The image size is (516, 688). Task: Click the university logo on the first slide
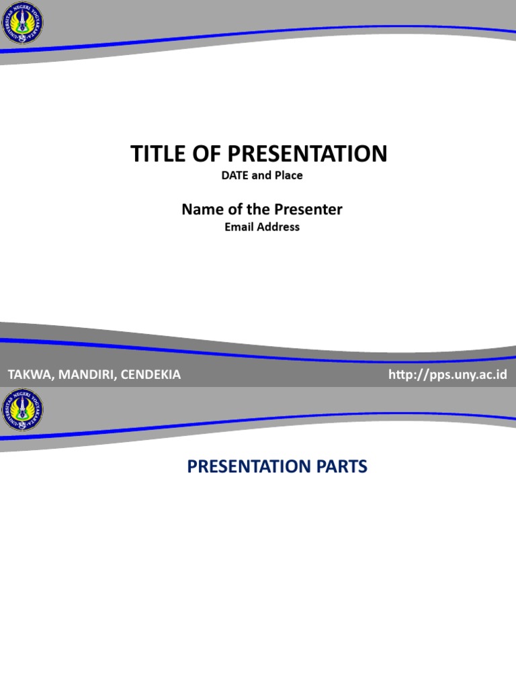[x=22, y=23]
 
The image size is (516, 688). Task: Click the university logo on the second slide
[x=22, y=411]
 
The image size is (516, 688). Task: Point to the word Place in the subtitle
[x=288, y=175]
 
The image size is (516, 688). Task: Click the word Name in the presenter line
[x=200, y=210]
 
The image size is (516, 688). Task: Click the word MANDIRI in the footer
[x=87, y=375]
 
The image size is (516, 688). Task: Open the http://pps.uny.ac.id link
[x=447, y=374]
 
